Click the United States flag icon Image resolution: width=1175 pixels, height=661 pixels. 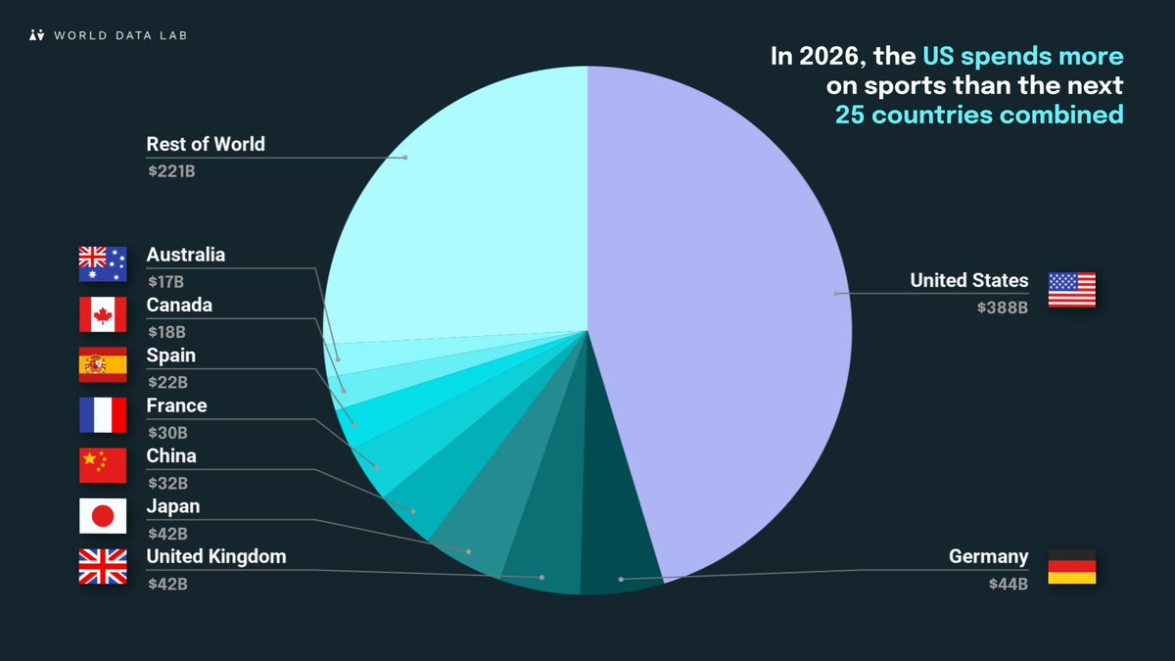[x=1071, y=290]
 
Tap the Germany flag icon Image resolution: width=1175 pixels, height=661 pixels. [x=1071, y=567]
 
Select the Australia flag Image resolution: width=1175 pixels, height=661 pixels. [x=103, y=264]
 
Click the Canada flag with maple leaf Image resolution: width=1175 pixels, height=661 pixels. [x=103, y=315]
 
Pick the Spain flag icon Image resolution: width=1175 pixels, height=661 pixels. [x=103, y=365]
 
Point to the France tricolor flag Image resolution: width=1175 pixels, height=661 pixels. [x=103, y=415]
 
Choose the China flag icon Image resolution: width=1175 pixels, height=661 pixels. [x=103, y=466]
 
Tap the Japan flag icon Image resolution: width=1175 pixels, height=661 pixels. [x=103, y=516]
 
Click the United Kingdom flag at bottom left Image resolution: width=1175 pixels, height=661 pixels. [x=103, y=567]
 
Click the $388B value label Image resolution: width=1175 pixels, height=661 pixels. [x=1002, y=307]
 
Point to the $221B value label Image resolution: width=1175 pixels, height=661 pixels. [x=167, y=170]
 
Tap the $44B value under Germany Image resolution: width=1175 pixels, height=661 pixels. [x=1008, y=585]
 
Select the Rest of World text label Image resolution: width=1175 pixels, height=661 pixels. [x=206, y=145]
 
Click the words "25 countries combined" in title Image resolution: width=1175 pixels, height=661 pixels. [x=978, y=115]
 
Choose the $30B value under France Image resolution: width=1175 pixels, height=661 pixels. [x=167, y=433]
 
